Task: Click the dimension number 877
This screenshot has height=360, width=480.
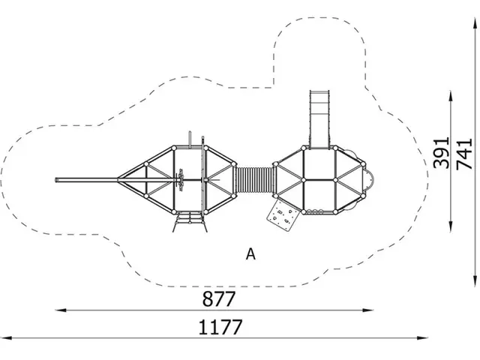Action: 219,298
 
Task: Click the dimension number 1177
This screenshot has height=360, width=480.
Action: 220,327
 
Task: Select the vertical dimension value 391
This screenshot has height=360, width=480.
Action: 442,153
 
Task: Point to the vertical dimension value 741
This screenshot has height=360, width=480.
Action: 464,154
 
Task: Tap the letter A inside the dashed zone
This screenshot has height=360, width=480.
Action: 250,253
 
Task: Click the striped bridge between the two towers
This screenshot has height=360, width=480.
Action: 255,180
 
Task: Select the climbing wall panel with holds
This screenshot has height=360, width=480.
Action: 282,215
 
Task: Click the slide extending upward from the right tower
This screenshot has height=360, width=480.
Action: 319,118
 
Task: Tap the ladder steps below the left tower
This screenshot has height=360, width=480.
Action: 190,222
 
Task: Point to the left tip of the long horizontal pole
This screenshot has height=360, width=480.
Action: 56,180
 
